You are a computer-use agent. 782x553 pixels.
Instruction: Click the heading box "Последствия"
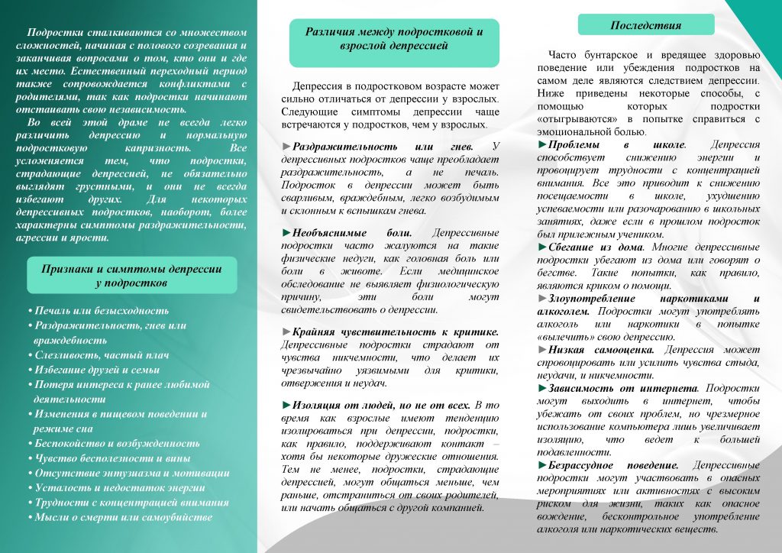pyautogui.click(x=645, y=25)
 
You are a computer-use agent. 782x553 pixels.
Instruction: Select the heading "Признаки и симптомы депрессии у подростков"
pyautogui.click(x=131, y=276)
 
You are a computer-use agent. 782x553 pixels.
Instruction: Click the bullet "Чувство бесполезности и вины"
pyautogui.click(x=111, y=458)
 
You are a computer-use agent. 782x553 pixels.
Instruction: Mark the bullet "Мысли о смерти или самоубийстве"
pyautogui.click(x=124, y=517)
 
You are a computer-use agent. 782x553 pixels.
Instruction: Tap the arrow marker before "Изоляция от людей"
pyautogui.click(x=286, y=404)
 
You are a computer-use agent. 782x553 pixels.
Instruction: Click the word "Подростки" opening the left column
pyautogui.click(x=53, y=33)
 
